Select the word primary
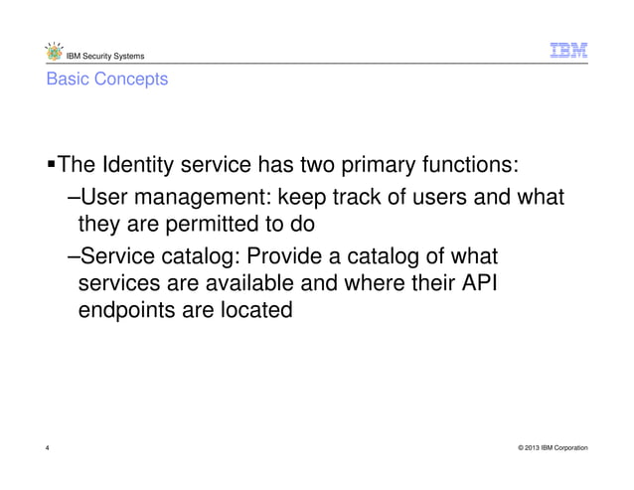click(385, 163)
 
